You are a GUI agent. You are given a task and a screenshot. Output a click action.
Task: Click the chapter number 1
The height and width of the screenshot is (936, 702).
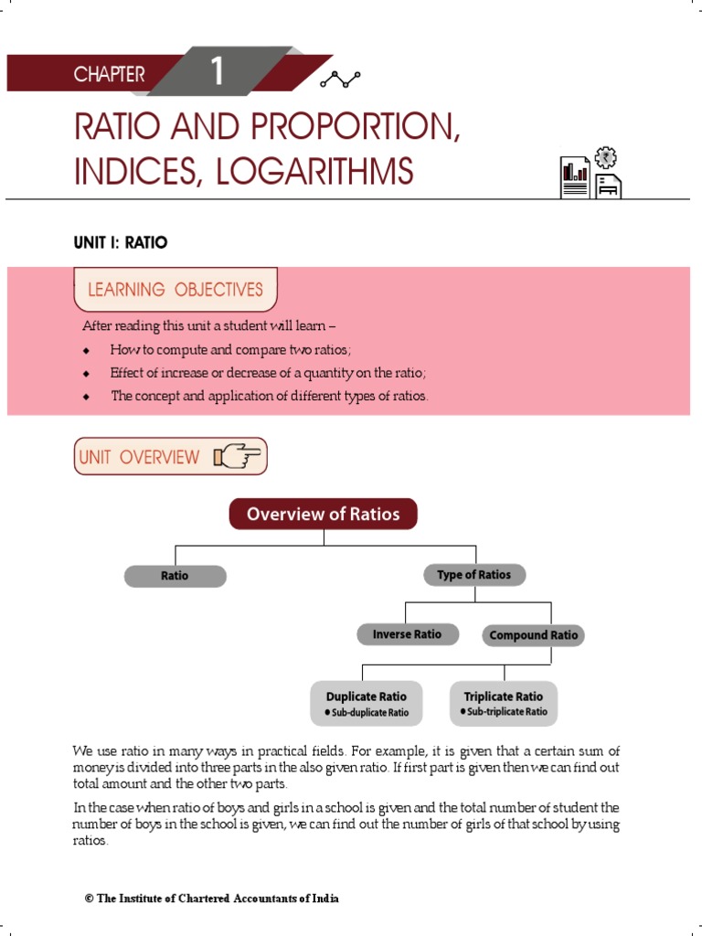(x=217, y=71)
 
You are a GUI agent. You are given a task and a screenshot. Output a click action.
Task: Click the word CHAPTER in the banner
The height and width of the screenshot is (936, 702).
(x=109, y=75)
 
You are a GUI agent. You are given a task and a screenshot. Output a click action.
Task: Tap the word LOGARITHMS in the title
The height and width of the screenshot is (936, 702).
(x=315, y=171)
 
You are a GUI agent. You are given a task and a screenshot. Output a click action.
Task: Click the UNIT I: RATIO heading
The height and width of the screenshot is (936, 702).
(x=121, y=242)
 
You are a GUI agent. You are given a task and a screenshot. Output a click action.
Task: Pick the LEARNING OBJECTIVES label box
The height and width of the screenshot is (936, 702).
(x=175, y=290)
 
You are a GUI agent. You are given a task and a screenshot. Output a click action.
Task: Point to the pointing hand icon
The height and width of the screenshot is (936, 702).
(x=238, y=456)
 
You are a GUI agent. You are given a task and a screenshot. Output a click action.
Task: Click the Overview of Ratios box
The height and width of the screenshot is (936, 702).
(x=324, y=514)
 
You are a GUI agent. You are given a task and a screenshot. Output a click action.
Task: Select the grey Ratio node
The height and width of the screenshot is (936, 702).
(x=175, y=576)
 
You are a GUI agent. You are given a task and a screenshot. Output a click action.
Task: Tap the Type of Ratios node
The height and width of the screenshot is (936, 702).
(x=473, y=575)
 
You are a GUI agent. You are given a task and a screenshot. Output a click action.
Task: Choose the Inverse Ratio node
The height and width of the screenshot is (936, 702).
(x=407, y=634)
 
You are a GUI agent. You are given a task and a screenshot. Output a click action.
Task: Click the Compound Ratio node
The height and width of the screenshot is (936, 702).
(x=533, y=635)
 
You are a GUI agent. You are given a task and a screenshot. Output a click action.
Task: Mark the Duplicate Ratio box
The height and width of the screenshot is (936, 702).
(x=366, y=703)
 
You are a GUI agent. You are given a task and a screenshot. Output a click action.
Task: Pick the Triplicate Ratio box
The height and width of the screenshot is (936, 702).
(x=504, y=703)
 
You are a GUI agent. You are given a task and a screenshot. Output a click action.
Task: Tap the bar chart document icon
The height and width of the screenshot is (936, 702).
(x=575, y=176)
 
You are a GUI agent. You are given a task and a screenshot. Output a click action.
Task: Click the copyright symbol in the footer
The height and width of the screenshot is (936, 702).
(x=90, y=899)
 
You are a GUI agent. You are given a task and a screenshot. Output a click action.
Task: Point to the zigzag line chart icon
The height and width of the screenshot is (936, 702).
(x=340, y=80)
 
